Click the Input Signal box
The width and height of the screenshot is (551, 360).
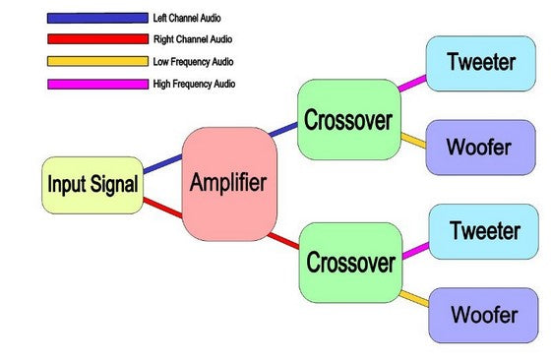point(92,183)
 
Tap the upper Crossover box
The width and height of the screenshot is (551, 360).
point(348,121)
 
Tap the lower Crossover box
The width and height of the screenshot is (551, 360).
point(350,262)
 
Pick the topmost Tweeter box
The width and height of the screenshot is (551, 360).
point(480,63)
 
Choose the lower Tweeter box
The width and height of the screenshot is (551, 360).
point(484,232)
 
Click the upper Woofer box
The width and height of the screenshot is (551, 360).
point(478,147)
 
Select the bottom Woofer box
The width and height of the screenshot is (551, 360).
point(483,315)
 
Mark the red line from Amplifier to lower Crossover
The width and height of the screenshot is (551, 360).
point(284,240)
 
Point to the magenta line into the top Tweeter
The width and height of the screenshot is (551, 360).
point(413,84)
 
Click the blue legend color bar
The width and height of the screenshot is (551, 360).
point(96,18)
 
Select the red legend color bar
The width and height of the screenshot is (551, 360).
point(96,39)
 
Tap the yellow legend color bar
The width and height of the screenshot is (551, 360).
point(96,62)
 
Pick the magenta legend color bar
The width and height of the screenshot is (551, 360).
point(96,85)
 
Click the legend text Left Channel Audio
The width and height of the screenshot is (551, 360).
point(188,18)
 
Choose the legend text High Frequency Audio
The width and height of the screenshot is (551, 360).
point(194,85)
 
